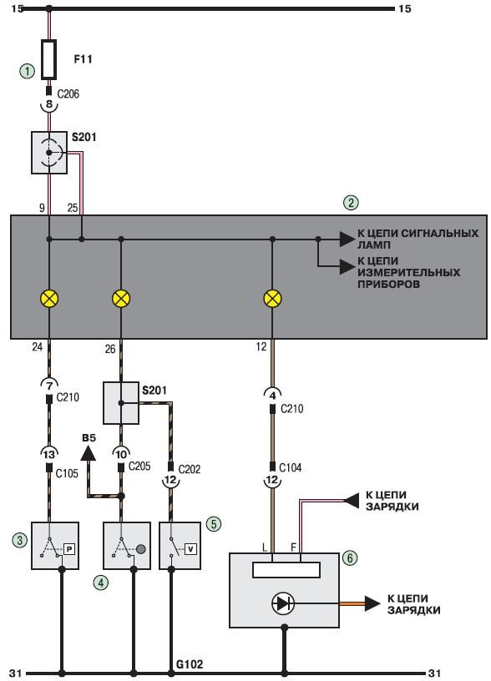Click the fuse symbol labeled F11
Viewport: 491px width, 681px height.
48,60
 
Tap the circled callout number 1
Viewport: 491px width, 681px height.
28,71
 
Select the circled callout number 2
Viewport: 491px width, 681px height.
351,203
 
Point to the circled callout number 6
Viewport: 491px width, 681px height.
350,557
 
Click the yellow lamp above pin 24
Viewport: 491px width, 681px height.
49,299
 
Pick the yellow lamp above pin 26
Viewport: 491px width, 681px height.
121,299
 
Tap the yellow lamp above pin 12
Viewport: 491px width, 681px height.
272,299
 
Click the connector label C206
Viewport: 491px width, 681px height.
68,93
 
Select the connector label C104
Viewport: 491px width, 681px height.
291,467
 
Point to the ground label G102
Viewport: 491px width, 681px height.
190,664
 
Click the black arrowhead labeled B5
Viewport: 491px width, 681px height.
89,454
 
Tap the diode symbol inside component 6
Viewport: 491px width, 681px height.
283,603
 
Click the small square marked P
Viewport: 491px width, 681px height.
69,549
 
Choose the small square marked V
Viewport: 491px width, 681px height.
190,549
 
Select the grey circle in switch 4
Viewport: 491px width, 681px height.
141,549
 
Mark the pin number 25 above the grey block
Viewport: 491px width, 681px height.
73,208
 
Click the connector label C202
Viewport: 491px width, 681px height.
190,469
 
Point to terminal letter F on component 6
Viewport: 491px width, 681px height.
294,547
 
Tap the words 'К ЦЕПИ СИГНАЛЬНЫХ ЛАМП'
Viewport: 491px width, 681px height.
418,239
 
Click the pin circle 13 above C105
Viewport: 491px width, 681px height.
49,454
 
